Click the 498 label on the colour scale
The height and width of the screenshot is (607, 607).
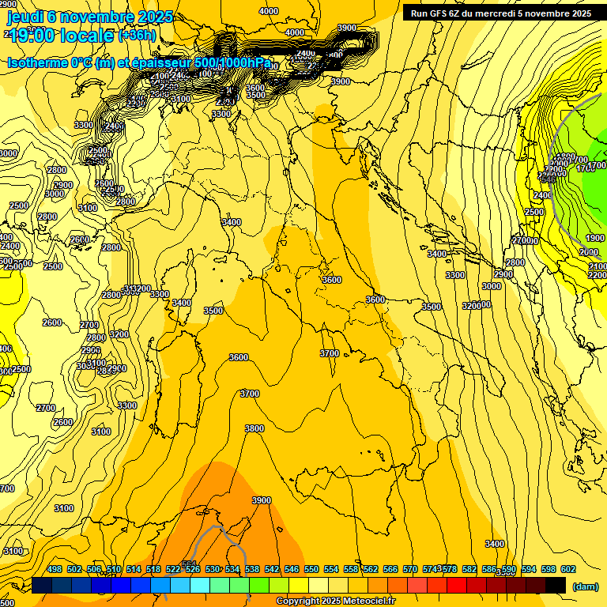(x=55, y=569)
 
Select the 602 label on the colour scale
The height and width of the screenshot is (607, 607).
(x=567, y=569)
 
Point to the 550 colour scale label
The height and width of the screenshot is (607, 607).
(x=311, y=569)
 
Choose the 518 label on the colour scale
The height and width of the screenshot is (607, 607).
(x=153, y=569)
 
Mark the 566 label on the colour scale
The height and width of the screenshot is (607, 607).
(x=390, y=569)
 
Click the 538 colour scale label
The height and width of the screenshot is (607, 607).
(x=252, y=569)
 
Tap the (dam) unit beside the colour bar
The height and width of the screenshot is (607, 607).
(x=585, y=586)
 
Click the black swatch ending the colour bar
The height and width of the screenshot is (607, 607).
(x=556, y=585)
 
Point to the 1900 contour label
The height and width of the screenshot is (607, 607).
(x=595, y=238)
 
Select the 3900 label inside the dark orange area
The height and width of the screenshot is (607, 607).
(x=261, y=500)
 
